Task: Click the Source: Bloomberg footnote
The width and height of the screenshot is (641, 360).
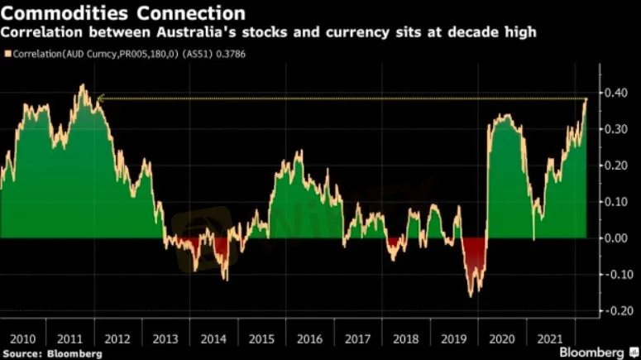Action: click(51, 353)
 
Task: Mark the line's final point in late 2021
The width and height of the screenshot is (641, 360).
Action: click(586, 99)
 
